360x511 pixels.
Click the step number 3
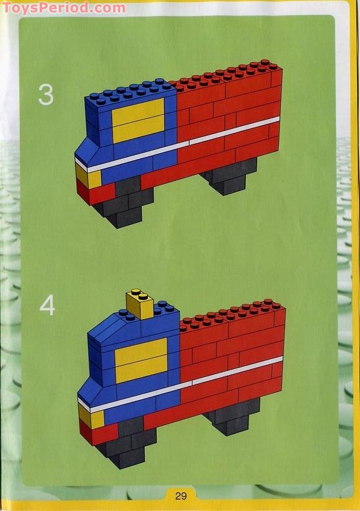coord(46,94)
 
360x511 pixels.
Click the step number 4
coord(47,306)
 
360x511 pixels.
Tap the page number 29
coord(181,496)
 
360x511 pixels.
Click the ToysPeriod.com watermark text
coord(64,8)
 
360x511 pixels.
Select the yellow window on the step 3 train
coord(138,120)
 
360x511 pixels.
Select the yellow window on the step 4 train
coord(141,360)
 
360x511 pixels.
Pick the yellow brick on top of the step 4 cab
coord(139,304)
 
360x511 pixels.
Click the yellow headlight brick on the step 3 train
coord(88,176)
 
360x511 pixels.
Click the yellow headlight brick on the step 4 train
coord(91,417)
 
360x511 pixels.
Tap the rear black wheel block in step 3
coord(229,176)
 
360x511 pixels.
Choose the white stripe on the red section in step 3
coord(234,130)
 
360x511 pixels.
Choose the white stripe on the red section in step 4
coord(237,370)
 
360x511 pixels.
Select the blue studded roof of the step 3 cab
coord(130,94)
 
